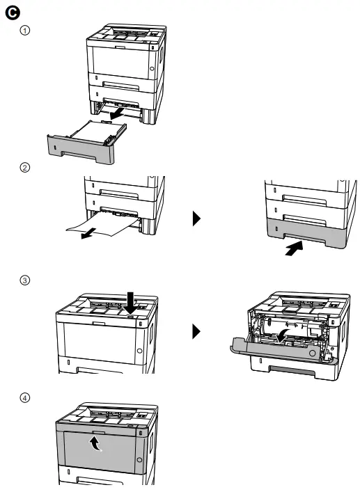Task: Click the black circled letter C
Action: click(x=13, y=13)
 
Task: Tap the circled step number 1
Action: click(x=25, y=31)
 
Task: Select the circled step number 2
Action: click(x=25, y=167)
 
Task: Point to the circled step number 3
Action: click(x=25, y=280)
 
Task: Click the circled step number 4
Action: click(x=25, y=398)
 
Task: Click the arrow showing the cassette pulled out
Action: click(x=117, y=114)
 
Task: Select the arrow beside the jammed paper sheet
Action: click(x=88, y=233)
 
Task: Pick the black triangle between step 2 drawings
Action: click(x=196, y=219)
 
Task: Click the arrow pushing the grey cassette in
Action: click(x=294, y=248)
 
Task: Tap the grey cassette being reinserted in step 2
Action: click(x=306, y=232)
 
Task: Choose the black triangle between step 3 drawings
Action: click(x=196, y=331)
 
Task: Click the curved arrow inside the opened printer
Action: click(x=282, y=335)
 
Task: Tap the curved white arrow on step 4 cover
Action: click(x=95, y=444)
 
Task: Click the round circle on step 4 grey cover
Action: click(x=139, y=460)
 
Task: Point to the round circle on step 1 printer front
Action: click(x=152, y=68)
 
